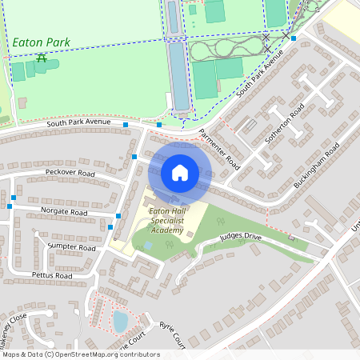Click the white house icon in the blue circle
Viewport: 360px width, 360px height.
180,172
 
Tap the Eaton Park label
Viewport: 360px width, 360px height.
41,42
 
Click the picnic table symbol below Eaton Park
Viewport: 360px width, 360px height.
42,58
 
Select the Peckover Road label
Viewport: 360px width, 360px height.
70,173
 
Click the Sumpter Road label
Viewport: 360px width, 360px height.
71,247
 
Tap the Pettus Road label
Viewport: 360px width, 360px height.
53,275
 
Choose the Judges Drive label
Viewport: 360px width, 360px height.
240,237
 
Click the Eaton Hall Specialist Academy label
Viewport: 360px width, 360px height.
167,220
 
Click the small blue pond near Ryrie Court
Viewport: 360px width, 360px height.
120,322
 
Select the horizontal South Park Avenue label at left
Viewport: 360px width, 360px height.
78,123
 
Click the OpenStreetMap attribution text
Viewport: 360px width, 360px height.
80,354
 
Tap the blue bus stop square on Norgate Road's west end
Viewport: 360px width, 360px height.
10,206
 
